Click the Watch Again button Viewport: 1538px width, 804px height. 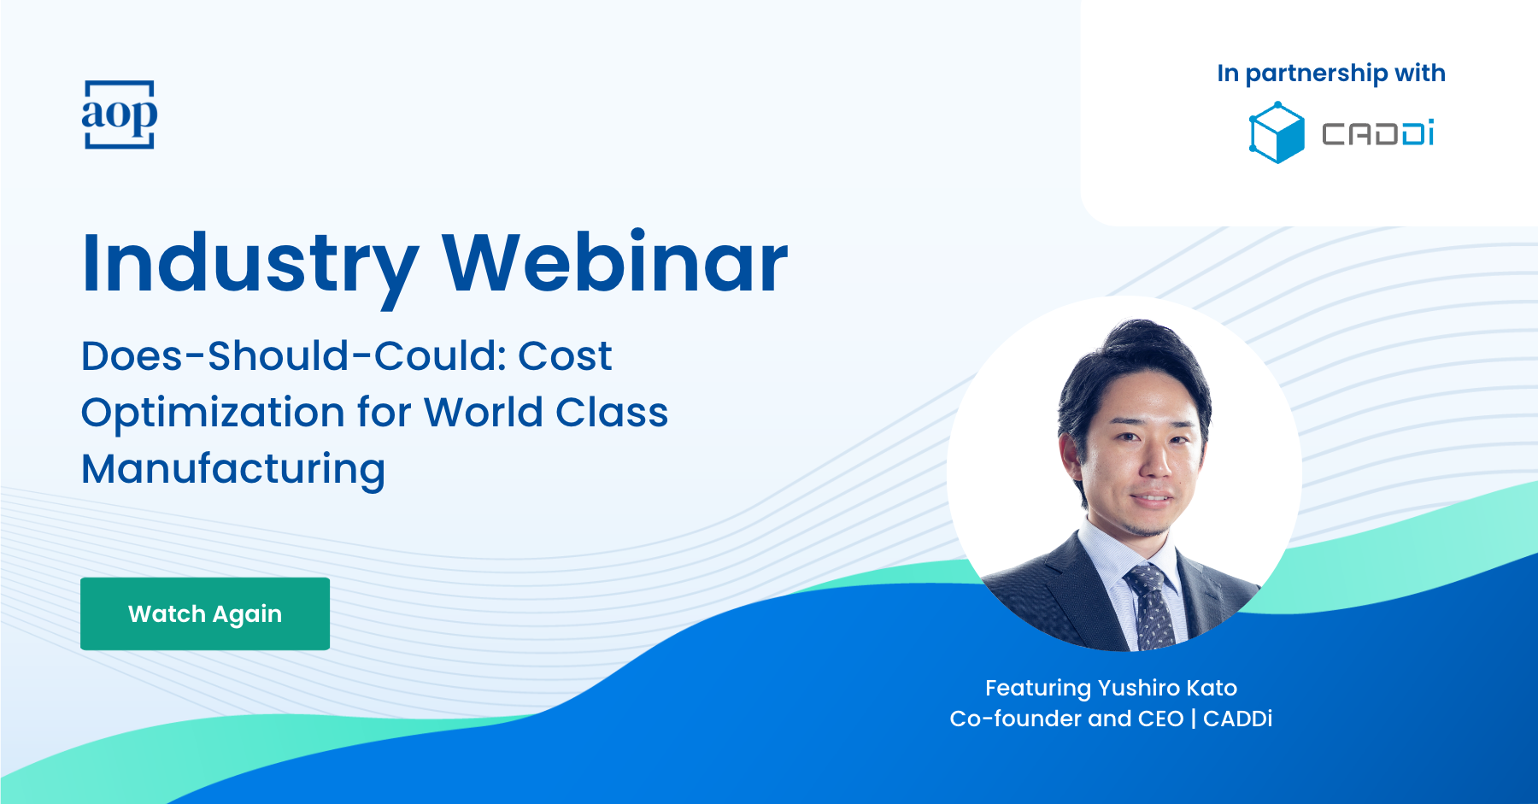point(205,613)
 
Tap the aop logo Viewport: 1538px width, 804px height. point(120,114)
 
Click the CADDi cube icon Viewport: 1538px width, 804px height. point(1277,132)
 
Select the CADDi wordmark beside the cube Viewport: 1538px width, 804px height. point(1378,134)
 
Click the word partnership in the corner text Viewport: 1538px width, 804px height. point(1317,74)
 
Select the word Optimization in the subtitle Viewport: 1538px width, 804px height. point(213,414)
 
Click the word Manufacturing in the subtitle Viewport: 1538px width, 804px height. point(233,470)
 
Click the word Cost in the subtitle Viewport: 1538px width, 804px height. point(565,355)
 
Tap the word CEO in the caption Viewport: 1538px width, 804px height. point(1160,719)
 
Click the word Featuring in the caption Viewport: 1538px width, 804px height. point(1038,689)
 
